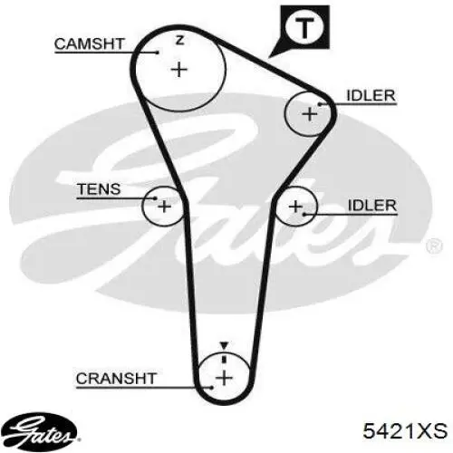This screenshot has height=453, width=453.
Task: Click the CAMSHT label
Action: [x=90, y=44]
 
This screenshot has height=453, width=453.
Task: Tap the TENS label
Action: [x=99, y=189]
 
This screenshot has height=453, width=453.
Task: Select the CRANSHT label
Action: [x=116, y=379]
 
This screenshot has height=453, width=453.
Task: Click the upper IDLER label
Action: [x=371, y=96]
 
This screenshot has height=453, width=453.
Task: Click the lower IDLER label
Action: [x=372, y=206]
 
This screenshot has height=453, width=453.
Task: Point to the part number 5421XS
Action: [x=405, y=430]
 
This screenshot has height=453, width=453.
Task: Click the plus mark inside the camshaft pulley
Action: [x=179, y=70]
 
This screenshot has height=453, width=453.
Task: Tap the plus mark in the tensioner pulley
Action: [x=164, y=207]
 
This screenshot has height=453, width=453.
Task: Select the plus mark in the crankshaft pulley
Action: [x=224, y=378]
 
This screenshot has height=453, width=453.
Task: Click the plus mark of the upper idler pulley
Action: [x=310, y=114]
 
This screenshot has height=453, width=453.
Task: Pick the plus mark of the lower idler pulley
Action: [x=295, y=207]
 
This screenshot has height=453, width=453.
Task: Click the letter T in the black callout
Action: [x=304, y=28]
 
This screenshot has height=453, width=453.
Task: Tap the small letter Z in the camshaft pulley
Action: [x=180, y=40]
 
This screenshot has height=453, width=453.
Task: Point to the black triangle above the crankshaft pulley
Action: [x=224, y=346]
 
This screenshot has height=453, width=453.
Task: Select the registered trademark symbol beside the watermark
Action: [x=435, y=246]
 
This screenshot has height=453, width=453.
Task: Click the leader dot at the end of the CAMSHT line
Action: [x=158, y=53]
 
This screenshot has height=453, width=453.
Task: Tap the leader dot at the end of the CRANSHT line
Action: [x=212, y=388]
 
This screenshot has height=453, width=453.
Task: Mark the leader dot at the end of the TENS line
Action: [x=155, y=198]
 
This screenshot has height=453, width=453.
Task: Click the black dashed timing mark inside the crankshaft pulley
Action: [x=224, y=358]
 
